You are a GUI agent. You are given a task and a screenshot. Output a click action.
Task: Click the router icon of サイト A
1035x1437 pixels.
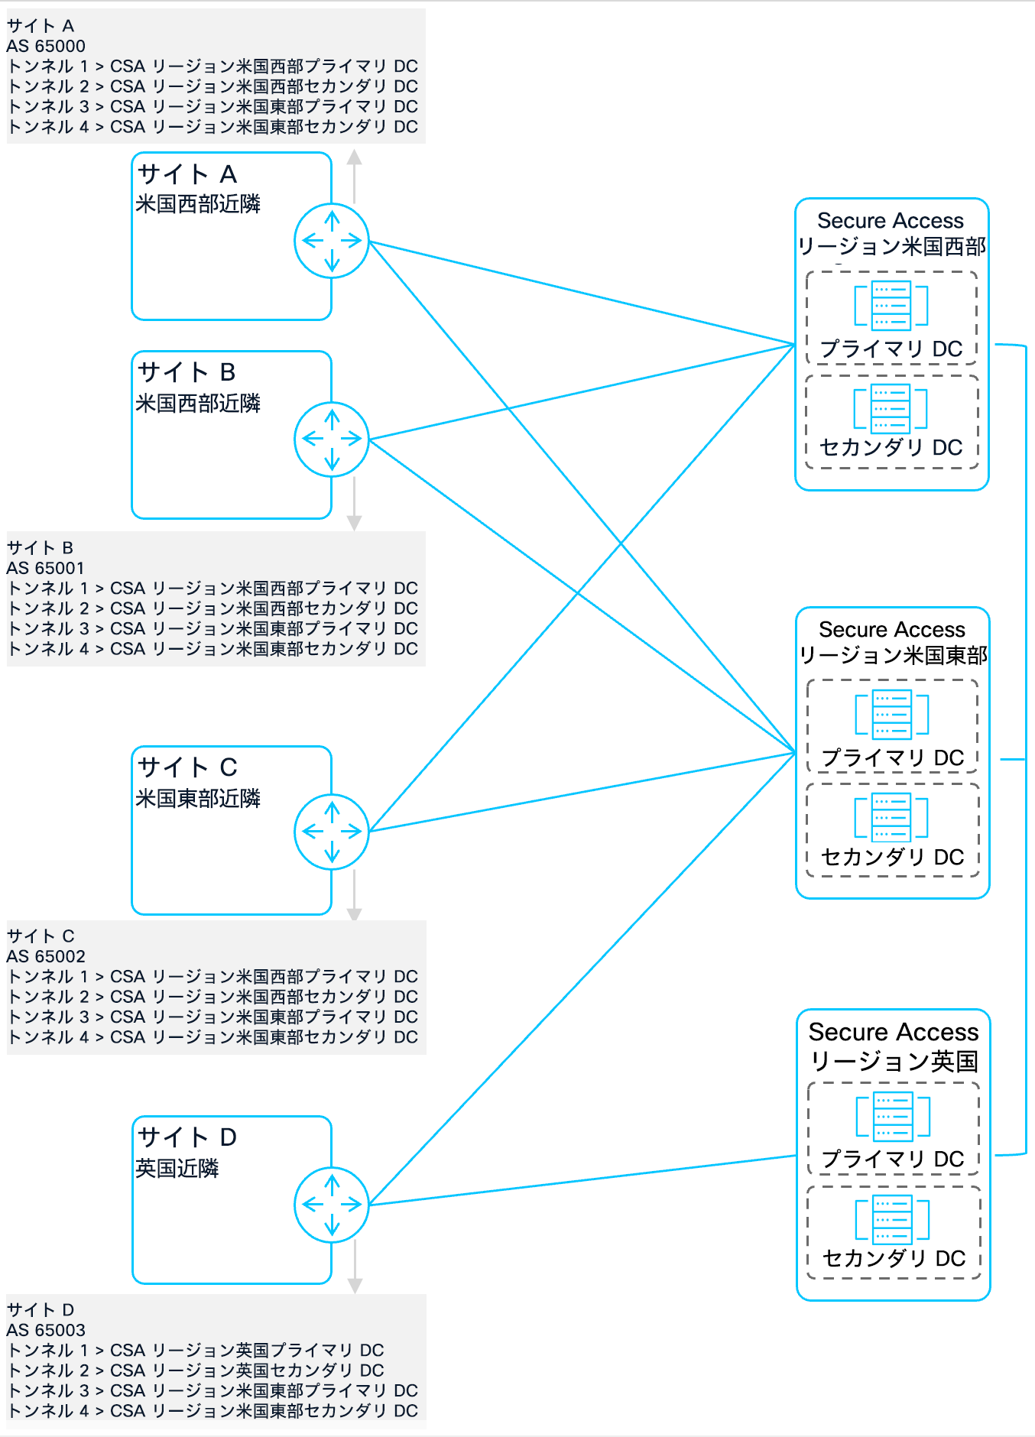(x=332, y=241)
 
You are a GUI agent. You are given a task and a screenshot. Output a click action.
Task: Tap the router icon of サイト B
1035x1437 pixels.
(x=332, y=439)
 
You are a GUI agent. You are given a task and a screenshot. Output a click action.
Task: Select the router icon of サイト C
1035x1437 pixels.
(x=332, y=832)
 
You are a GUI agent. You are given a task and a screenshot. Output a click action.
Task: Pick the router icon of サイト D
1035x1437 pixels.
(x=332, y=1205)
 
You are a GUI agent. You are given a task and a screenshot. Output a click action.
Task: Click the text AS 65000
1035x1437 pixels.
(x=46, y=46)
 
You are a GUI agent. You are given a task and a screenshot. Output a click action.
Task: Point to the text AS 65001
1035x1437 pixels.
(x=46, y=568)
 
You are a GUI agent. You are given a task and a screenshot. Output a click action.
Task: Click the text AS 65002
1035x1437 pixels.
(x=46, y=956)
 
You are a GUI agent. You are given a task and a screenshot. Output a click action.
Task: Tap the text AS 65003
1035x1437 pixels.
(x=46, y=1330)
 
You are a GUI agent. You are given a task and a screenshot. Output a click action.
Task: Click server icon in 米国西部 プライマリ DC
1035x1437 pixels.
(x=891, y=305)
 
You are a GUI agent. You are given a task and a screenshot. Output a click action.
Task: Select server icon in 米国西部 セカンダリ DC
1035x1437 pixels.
(x=891, y=408)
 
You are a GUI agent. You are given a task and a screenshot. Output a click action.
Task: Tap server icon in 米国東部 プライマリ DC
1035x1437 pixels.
(x=892, y=714)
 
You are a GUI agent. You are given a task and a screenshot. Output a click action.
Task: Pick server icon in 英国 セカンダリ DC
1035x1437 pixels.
(x=893, y=1219)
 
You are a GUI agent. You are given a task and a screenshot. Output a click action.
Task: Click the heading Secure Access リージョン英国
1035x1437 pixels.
(x=894, y=1046)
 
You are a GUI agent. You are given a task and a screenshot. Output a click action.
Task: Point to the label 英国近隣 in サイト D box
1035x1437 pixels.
(x=177, y=1168)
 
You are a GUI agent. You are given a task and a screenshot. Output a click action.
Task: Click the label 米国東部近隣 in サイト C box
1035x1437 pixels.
(x=198, y=798)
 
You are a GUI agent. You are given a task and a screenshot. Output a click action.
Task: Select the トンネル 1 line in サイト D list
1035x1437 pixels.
(x=196, y=1351)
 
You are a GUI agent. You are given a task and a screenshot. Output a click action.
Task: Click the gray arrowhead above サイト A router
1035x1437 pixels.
(x=354, y=157)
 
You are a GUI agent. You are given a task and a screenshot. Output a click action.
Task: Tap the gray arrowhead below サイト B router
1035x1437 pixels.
(x=354, y=523)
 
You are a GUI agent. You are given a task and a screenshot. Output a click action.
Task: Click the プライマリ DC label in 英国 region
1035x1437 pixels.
(x=893, y=1159)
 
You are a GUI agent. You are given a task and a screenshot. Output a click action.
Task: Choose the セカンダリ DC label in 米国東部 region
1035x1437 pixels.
(x=893, y=857)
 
